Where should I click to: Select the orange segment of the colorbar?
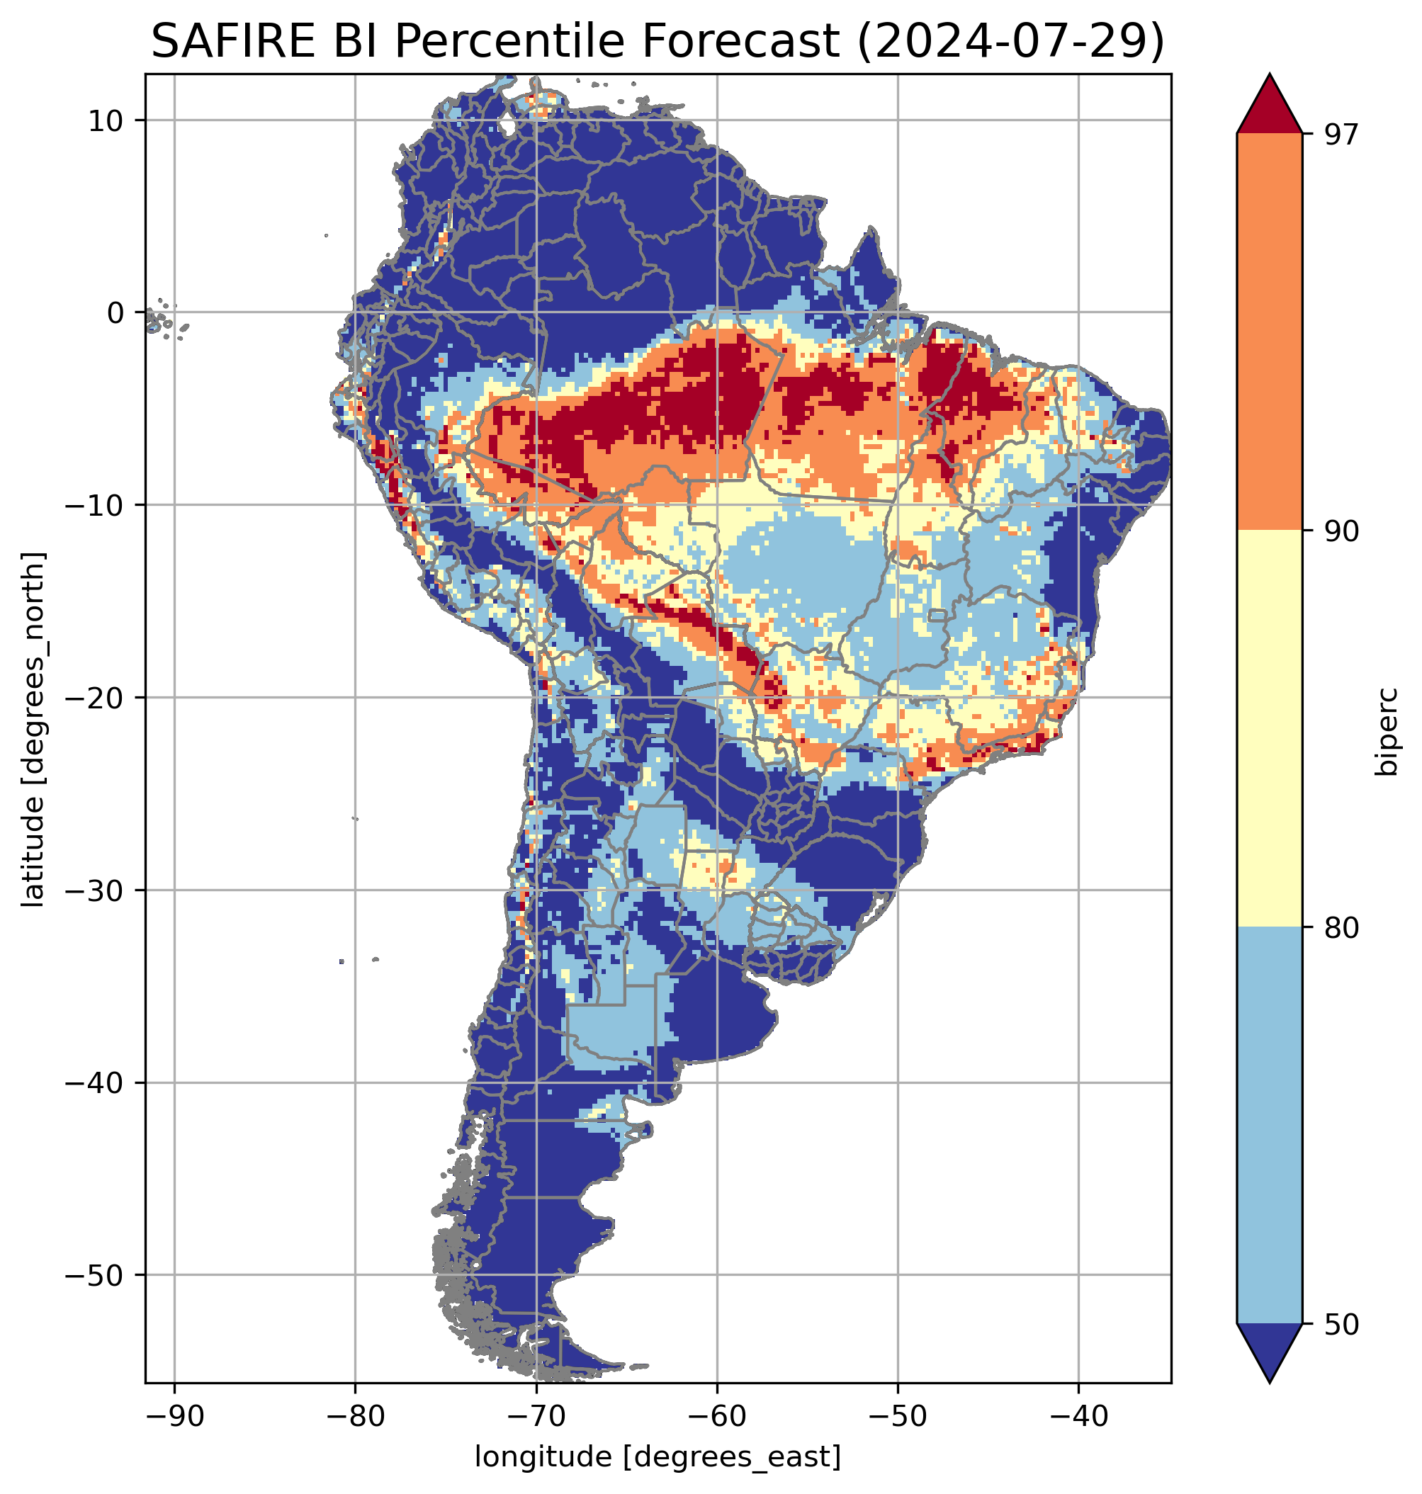tap(1269, 332)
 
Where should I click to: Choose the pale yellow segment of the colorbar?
tap(1269, 728)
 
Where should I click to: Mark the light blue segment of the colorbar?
tap(1269, 1126)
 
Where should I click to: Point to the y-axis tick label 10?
tap(106, 120)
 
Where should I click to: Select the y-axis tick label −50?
tap(94, 1275)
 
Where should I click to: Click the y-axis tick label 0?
tap(115, 312)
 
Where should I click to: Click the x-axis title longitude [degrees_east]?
tap(658, 1456)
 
